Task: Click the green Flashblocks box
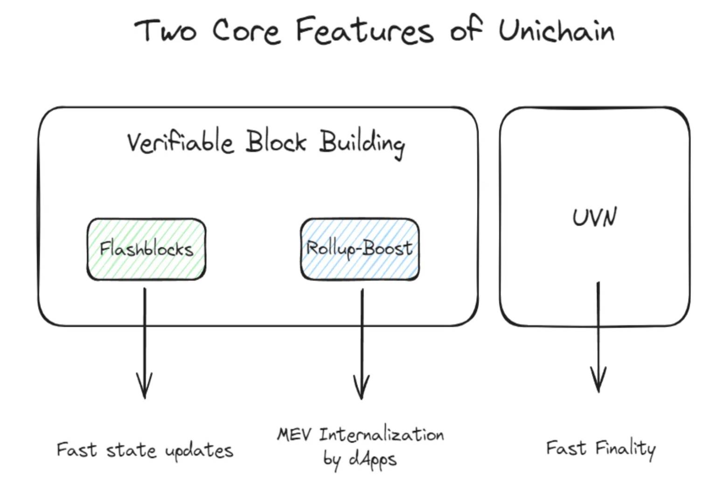tap(146, 249)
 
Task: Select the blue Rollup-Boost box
tap(360, 249)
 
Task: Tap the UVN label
tap(595, 217)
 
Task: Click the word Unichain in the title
tap(556, 30)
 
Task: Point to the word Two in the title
tap(165, 30)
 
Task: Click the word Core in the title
tap(246, 31)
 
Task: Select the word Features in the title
tap(365, 30)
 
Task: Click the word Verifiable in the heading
tap(180, 142)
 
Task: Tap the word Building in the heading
tap(362, 144)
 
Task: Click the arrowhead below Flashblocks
tap(145, 385)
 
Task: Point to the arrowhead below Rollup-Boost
tap(361, 387)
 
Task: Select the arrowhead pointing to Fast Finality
tap(598, 380)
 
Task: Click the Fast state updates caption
tap(145, 450)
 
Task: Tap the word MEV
tap(294, 434)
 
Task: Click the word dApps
tap(373, 460)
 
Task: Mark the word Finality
tap(626, 449)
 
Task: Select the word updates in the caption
tap(199, 451)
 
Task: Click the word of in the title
tap(466, 29)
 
